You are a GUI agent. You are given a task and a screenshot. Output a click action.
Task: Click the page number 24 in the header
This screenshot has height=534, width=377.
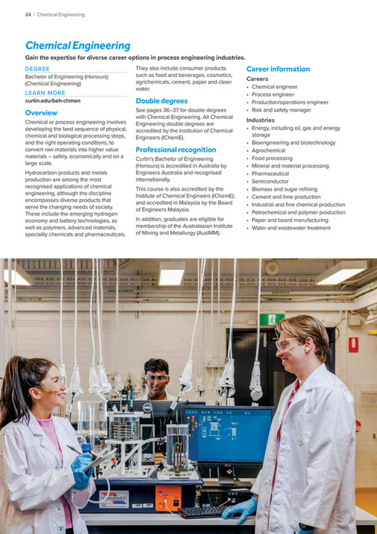point(28,14)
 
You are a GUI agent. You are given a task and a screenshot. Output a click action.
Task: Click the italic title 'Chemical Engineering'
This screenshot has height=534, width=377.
point(78,46)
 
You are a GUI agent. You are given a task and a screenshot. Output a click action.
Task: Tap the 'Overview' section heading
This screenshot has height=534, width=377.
point(41,113)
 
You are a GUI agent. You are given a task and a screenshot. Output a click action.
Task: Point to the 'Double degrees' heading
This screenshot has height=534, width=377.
point(162,100)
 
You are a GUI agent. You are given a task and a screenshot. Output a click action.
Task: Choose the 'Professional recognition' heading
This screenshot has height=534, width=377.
point(176,150)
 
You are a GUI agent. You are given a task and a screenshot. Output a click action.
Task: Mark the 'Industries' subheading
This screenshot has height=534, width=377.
point(261,120)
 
